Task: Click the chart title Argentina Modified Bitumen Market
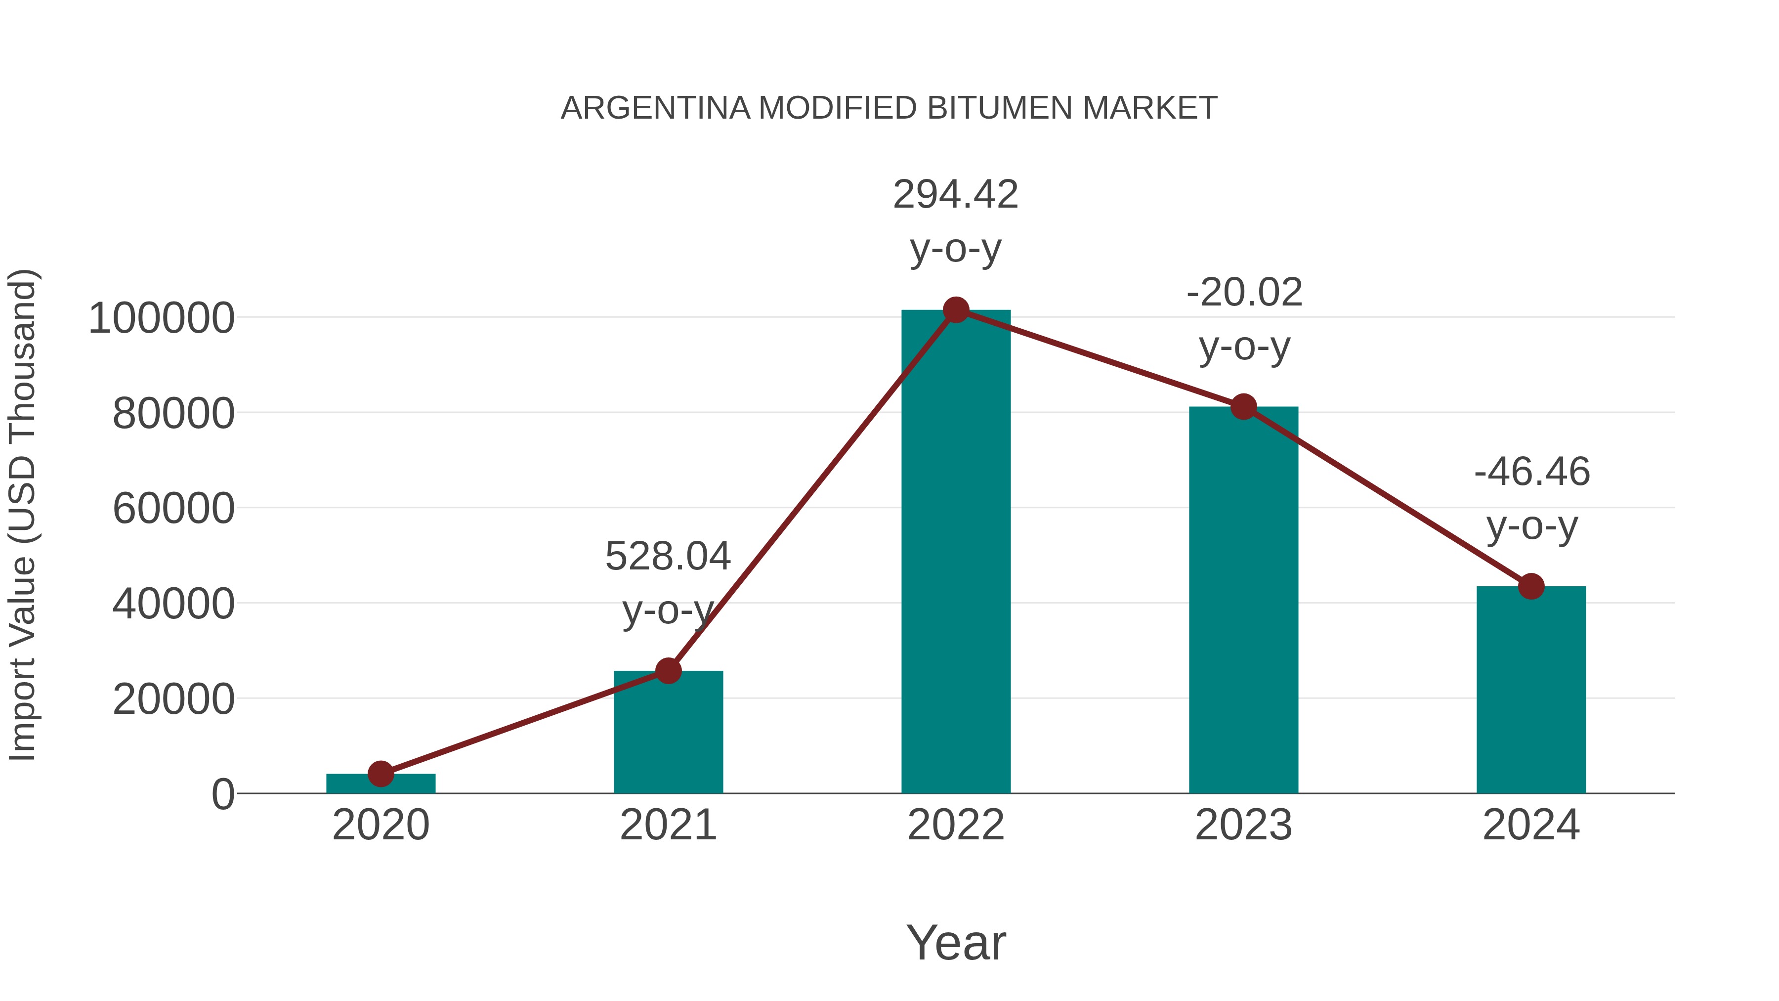point(889,108)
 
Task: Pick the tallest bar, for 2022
point(956,553)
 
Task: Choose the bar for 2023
point(1243,601)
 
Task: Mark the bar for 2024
point(1531,691)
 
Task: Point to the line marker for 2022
point(956,310)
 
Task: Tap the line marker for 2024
point(1531,586)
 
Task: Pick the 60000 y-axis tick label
point(173,509)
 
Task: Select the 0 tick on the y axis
point(223,794)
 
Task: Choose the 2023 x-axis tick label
point(1243,825)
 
